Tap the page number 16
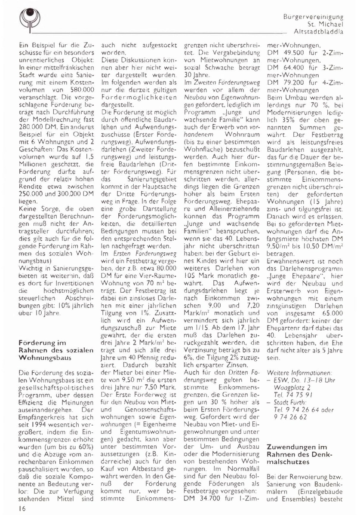pos(23,509)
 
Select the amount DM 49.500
pos(288,52)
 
